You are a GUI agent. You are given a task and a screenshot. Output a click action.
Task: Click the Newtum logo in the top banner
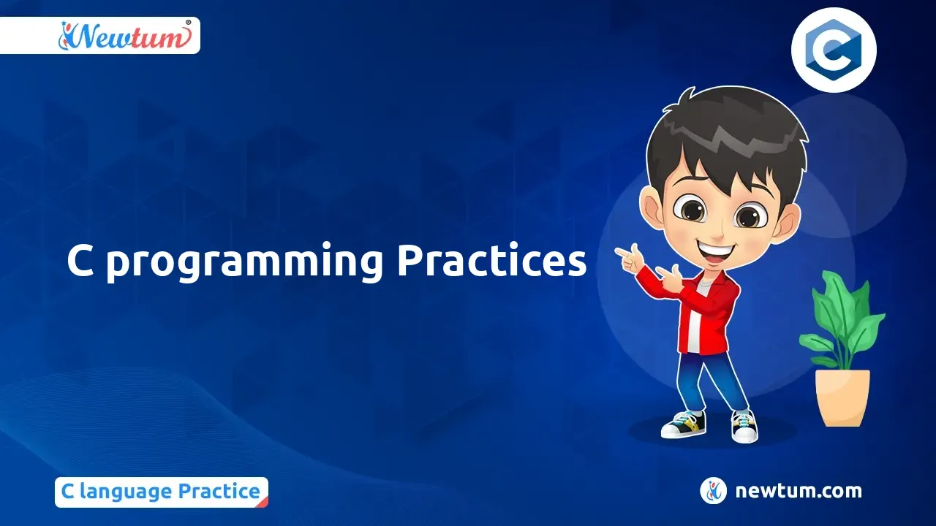point(125,36)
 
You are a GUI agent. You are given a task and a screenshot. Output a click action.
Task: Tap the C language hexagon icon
point(834,50)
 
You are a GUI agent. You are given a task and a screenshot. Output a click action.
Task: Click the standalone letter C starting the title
point(80,262)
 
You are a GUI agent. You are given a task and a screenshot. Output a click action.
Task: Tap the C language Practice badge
point(162,492)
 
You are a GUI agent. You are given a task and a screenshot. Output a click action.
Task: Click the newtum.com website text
point(798,491)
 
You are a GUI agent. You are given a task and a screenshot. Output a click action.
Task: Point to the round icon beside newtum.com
point(713,490)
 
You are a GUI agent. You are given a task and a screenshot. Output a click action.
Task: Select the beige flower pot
point(843,397)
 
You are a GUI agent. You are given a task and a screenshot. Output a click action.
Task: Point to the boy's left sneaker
point(684,424)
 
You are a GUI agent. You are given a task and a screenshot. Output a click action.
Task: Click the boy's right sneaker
point(744,426)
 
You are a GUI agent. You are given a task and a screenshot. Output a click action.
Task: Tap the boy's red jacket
point(706,313)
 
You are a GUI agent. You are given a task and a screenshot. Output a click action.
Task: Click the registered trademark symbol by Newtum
point(189,23)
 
